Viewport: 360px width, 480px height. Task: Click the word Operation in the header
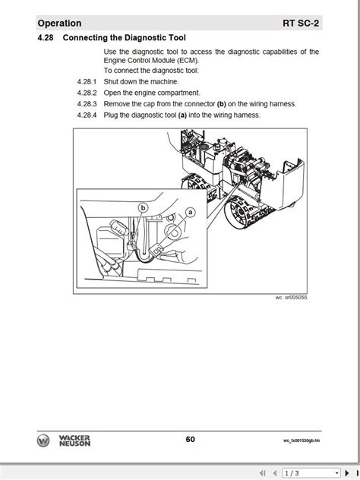click(x=59, y=24)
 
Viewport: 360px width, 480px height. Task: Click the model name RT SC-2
click(x=301, y=24)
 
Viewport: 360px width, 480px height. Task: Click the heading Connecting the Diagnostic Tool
click(x=124, y=38)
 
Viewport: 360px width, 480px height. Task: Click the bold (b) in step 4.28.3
click(x=221, y=104)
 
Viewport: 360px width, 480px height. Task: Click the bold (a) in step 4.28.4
click(x=182, y=115)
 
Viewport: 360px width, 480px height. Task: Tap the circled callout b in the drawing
click(x=142, y=206)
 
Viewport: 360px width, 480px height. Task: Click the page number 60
click(x=190, y=439)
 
